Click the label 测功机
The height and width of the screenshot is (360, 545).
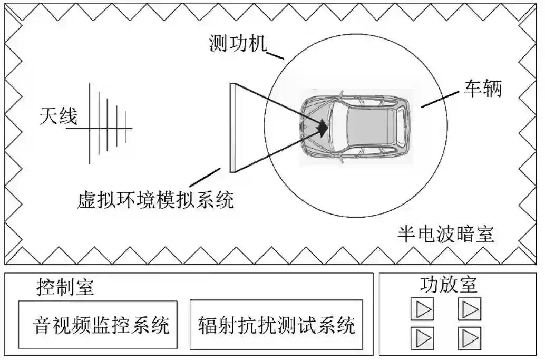238,44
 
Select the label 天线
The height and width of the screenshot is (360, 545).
58,116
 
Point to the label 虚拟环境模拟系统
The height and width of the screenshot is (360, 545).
154,199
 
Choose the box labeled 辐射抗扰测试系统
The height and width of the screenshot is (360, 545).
276,325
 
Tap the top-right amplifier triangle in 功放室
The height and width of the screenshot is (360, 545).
470,309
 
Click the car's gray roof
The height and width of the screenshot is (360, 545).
369,127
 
